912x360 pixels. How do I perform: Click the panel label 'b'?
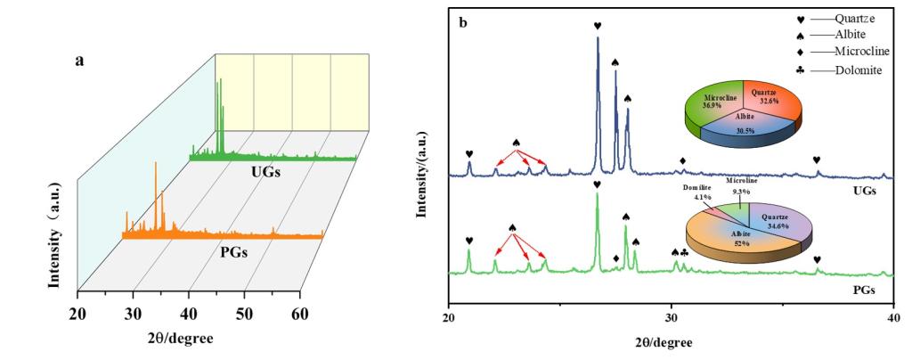(463, 20)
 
